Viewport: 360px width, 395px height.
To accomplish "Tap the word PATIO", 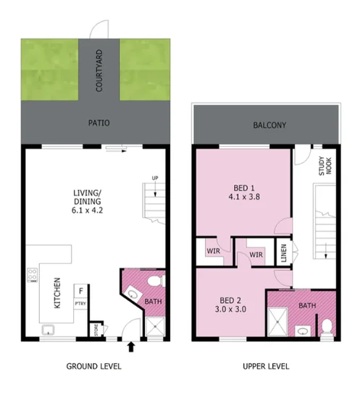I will [x=99, y=124].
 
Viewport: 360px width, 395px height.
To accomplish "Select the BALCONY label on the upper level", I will [x=269, y=125].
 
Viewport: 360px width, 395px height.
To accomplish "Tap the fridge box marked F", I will [x=80, y=290].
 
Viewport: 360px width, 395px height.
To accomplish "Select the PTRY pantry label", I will [x=80, y=304].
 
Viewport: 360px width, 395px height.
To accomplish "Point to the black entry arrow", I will [x=131, y=348].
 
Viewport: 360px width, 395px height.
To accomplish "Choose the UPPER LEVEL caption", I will [x=265, y=367].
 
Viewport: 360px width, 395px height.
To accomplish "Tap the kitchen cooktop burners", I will [x=32, y=275].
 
